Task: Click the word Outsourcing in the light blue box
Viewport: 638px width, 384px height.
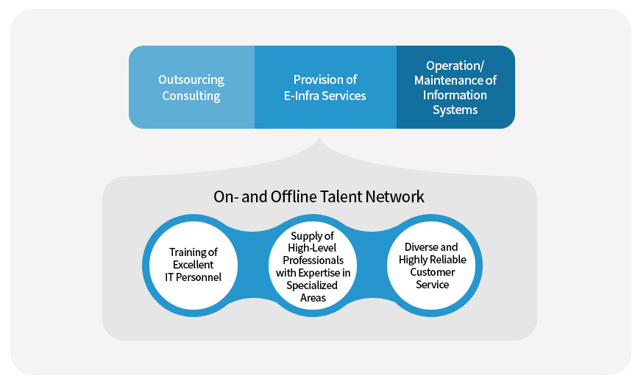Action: pos(191,79)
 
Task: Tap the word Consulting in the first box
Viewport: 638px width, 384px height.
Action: pos(191,96)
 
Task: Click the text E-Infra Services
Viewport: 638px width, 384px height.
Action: pos(325,96)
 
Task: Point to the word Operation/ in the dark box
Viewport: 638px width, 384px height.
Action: pos(455,65)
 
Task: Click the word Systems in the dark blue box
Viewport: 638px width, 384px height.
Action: pos(455,110)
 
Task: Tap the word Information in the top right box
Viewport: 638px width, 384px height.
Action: pos(455,95)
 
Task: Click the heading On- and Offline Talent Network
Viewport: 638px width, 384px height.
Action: pos(319,196)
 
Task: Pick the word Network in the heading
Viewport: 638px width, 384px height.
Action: pos(398,196)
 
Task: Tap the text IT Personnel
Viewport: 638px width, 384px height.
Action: pos(193,277)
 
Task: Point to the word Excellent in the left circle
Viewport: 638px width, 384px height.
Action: pos(193,264)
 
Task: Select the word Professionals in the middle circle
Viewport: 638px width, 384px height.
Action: pos(313,260)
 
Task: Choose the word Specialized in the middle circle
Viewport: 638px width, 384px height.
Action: pos(313,285)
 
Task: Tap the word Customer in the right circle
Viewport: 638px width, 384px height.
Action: pos(433,272)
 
